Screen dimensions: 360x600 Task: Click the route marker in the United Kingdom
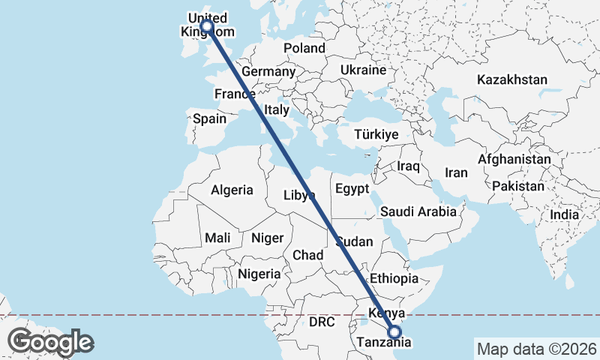click(206, 26)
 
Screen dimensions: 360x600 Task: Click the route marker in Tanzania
click(395, 332)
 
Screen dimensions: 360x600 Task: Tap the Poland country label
click(304, 48)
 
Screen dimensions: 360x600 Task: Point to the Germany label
click(268, 71)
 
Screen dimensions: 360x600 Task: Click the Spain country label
click(209, 118)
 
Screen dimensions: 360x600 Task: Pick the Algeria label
click(232, 190)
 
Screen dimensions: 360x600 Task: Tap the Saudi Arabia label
click(418, 211)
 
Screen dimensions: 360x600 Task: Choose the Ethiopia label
click(394, 278)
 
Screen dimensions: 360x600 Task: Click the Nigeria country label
click(259, 274)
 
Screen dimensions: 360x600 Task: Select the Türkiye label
click(376, 135)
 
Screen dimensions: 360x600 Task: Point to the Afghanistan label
click(514, 160)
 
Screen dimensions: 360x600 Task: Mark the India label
click(565, 214)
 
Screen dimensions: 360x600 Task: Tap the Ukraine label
click(363, 70)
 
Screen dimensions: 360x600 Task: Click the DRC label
click(321, 322)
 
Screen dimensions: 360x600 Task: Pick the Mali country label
click(217, 238)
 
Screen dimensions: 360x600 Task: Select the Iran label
click(456, 172)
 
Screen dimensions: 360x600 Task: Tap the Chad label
click(307, 255)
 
